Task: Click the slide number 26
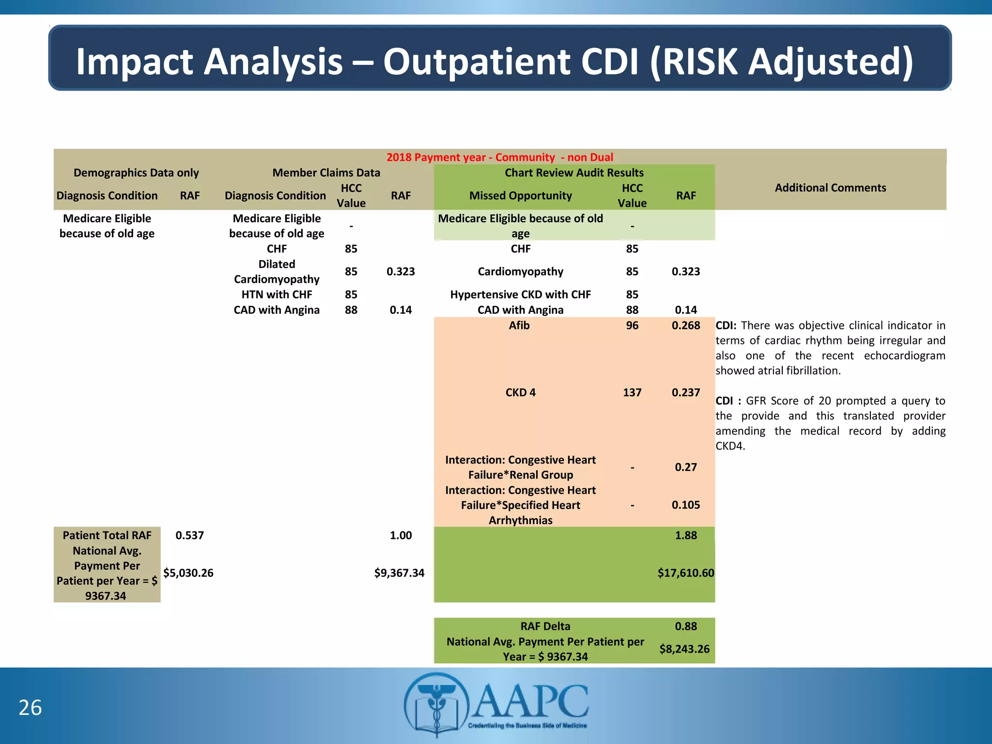coord(30,708)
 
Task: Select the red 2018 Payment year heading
coord(499,157)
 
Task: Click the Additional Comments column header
coord(830,187)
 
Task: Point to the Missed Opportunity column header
coord(520,195)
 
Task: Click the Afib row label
coord(519,325)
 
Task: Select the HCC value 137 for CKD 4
coord(632,392)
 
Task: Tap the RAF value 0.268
coord(685,325)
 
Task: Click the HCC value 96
coord(632,325)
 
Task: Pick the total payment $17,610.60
coord(685,573)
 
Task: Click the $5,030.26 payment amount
coord(188,573)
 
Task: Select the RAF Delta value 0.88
coord(685,626)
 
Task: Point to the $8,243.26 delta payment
coord(684,649)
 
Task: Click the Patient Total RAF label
coord(107,535)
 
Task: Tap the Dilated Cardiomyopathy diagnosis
coord(277,271)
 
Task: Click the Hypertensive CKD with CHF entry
coord(520,294)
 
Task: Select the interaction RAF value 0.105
coord(685,505)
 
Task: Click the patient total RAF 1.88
coord(685,535)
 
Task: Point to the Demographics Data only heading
coord(136,172)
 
